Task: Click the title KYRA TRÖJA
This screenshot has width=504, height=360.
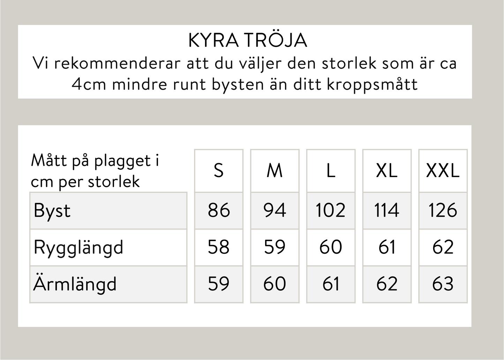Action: (247, 40)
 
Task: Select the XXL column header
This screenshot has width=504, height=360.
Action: (443, 171)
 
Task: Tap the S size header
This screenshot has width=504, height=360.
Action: (219, 171)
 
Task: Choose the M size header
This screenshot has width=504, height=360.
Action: (274, 171)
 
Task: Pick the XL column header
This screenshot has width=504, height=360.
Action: (387, 171)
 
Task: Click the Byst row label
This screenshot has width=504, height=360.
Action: (52, 211)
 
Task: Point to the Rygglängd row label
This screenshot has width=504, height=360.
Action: (78, 247)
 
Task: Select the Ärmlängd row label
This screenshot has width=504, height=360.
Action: (75, 284)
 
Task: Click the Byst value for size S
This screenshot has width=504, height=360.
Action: (219, 210)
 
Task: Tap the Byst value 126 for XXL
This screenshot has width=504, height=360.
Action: (443, 210)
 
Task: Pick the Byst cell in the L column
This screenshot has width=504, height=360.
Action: (331, 210)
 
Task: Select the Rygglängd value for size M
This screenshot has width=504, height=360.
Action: (274, 247)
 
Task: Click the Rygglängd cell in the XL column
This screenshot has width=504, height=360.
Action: (387, 247)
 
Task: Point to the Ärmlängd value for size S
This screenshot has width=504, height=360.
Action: (219, 284)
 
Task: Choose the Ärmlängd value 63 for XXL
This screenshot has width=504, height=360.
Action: (443, 284)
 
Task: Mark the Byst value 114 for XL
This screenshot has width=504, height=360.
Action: (387, 210)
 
